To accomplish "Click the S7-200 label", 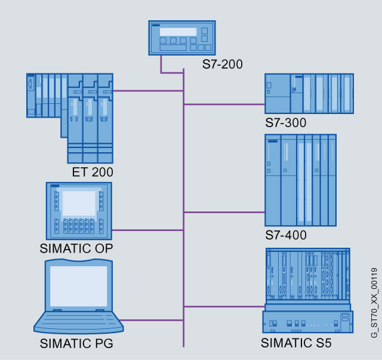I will (222, 64).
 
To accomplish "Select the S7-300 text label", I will (286, 124).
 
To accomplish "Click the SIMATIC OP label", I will (76, 248).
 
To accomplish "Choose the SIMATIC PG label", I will (76, 343).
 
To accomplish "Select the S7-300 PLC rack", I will (309, 93).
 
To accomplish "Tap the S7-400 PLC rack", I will (301, 181).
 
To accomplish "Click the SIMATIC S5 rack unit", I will (306, 290).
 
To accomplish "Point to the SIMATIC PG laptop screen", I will (78, 285).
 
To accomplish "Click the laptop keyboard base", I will (78, 322).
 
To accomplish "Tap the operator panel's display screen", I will (79, 204).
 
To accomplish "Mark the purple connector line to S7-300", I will (224, 104).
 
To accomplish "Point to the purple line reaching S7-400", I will (224, 211).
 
